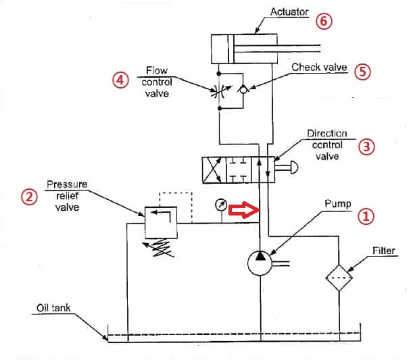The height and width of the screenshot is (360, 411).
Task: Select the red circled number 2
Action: (28, 196)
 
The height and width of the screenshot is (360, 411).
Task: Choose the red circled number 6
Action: (324, 21)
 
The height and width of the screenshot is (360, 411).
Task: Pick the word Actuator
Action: (290, 11)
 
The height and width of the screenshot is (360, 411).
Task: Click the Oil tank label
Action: (53, 308)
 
